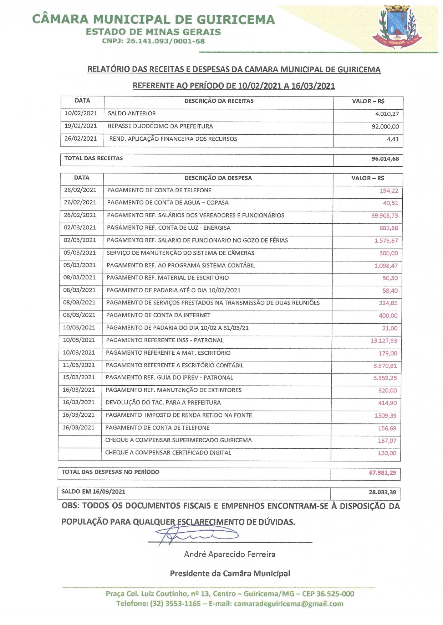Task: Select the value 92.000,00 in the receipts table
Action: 385,127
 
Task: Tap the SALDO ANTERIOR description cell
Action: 132,114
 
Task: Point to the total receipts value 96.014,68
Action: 385,159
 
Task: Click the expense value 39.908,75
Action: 385,216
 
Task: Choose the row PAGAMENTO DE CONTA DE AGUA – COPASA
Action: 168,203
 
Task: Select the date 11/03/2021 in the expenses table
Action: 79,365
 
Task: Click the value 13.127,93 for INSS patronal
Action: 383,341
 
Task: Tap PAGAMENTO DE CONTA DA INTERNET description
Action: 158,315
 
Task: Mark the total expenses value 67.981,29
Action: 382,473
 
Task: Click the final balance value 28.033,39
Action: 382,492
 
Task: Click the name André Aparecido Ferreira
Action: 229,554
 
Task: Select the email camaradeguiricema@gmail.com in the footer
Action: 289,604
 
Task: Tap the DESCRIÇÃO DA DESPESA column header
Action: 218,178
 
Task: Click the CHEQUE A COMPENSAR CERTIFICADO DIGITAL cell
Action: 168,453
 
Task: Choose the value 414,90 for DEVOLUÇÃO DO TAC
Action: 387,403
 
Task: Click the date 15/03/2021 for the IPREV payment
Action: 79,377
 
